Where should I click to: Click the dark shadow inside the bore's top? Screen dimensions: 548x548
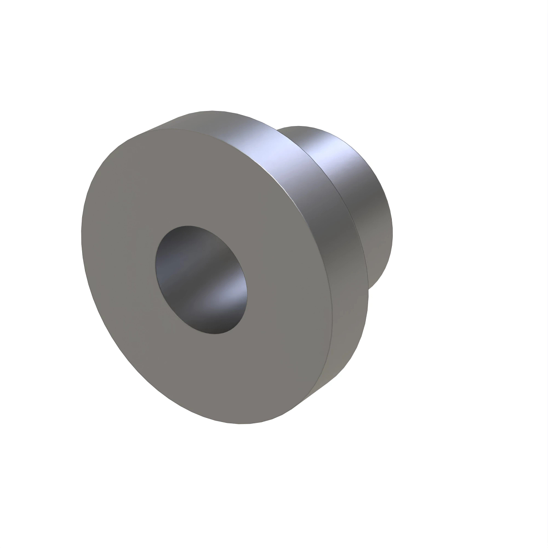pos(187,242)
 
